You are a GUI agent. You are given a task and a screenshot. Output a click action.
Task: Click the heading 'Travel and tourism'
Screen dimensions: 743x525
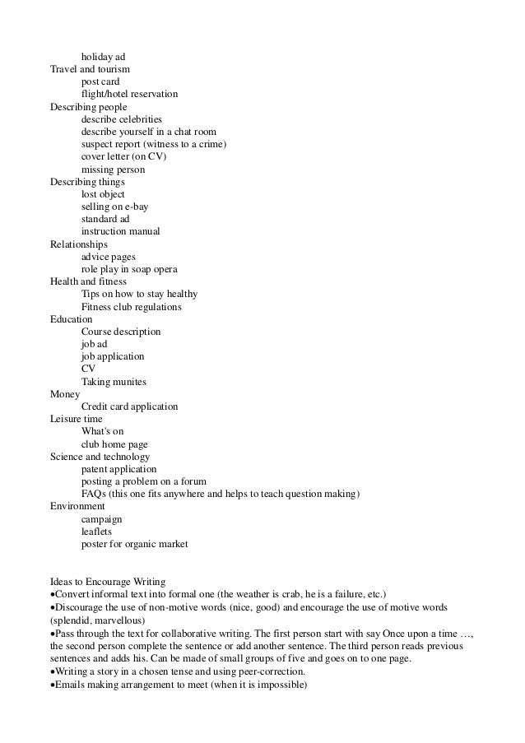(90, 69)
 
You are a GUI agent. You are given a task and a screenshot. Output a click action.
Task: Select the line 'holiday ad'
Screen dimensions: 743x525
(103, 57)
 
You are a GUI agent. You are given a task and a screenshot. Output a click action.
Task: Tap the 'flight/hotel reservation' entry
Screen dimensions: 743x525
(129, 95)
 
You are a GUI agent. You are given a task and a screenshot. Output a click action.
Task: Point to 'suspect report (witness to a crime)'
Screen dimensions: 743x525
(154, 145)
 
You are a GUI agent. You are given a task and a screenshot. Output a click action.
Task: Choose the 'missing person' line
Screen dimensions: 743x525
(114, 169)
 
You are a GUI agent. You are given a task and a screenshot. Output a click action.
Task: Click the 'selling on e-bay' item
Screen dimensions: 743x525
(114, 207)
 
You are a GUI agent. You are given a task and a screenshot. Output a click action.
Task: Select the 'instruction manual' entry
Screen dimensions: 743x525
(120, 232)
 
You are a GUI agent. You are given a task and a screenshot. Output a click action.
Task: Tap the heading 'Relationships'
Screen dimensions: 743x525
(79, 244)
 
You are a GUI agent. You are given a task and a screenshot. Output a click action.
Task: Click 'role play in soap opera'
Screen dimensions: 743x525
(129, 269)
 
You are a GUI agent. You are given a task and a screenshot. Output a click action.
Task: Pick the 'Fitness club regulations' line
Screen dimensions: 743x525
(132, 307)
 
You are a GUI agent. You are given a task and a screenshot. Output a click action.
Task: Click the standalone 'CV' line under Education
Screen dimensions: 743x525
(88, 369)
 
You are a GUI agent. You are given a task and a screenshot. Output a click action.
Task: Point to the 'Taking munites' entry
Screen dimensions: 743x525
(114, 382)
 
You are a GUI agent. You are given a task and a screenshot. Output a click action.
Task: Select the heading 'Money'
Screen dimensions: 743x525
(65, 394)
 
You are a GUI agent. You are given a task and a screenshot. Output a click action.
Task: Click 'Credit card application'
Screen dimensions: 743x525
(130, 406)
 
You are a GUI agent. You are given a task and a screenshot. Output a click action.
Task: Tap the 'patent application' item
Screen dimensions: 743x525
(118, 469)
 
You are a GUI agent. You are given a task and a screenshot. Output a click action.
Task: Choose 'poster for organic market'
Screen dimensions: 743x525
(135, 544)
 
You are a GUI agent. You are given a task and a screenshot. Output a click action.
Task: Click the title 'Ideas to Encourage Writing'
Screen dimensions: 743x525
(108, 582)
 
